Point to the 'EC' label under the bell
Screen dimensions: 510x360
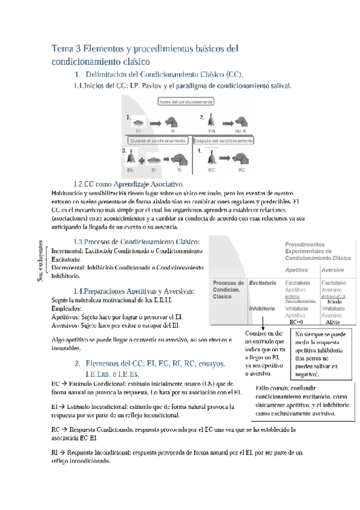212,170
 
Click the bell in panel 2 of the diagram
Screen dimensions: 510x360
212,120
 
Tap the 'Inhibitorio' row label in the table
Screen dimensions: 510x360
262,308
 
